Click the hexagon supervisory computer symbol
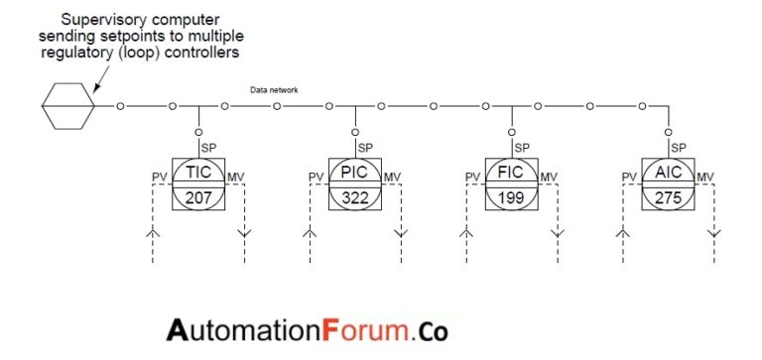[x=68, y=104]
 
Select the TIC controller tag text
[x=198, y=173]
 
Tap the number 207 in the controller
[x=198, y=195]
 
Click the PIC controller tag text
[x=355, y=173]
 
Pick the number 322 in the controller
[x=355, y=195]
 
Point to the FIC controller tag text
[x=511, y=173]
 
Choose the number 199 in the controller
[x=511, y=195]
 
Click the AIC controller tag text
[x=668, y=173]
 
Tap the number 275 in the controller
[x=668, y=195]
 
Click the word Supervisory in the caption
[x=102, y=20]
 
